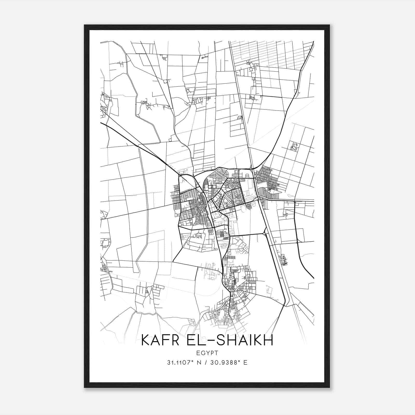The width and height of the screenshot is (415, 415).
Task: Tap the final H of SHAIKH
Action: (x=269, y=340)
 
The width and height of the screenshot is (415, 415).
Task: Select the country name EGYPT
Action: (x=207, y=353)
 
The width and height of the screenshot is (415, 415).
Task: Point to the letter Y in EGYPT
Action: (x=207, y=353)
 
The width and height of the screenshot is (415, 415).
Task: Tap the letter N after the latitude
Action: (x=199, y=362)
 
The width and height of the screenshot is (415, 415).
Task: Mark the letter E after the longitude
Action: (x=245, y=362)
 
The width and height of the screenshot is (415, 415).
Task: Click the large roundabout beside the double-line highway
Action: (x=264, y=234)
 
